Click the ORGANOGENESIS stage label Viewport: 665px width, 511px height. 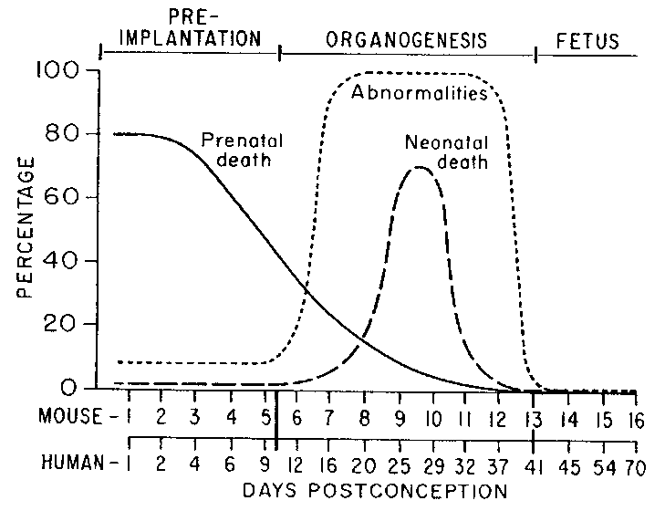(406, 40)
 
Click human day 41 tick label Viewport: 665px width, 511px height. (535, 464)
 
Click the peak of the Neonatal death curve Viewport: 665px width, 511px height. (419, 167)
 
